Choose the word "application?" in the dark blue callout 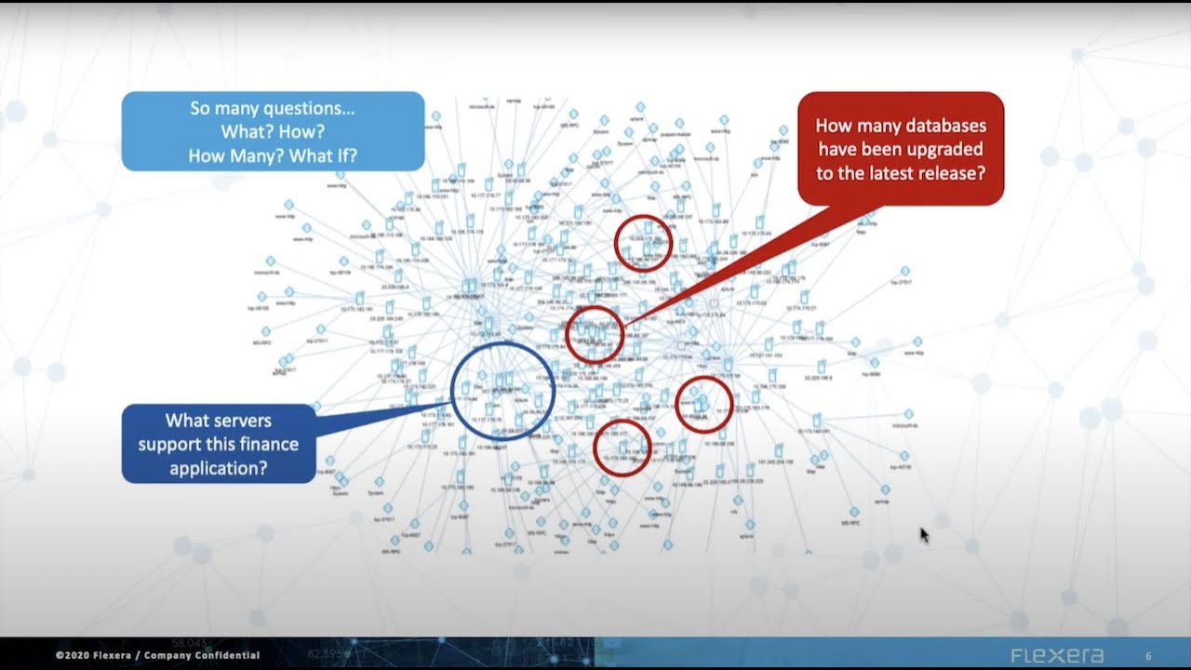coord(219,467)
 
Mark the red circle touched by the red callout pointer coord(595,335)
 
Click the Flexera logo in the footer coord(1057,655)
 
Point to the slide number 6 coord(1148,656)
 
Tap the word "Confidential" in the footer coord(228,656)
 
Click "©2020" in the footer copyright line coord(71,656)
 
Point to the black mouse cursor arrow coord(924,534)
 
